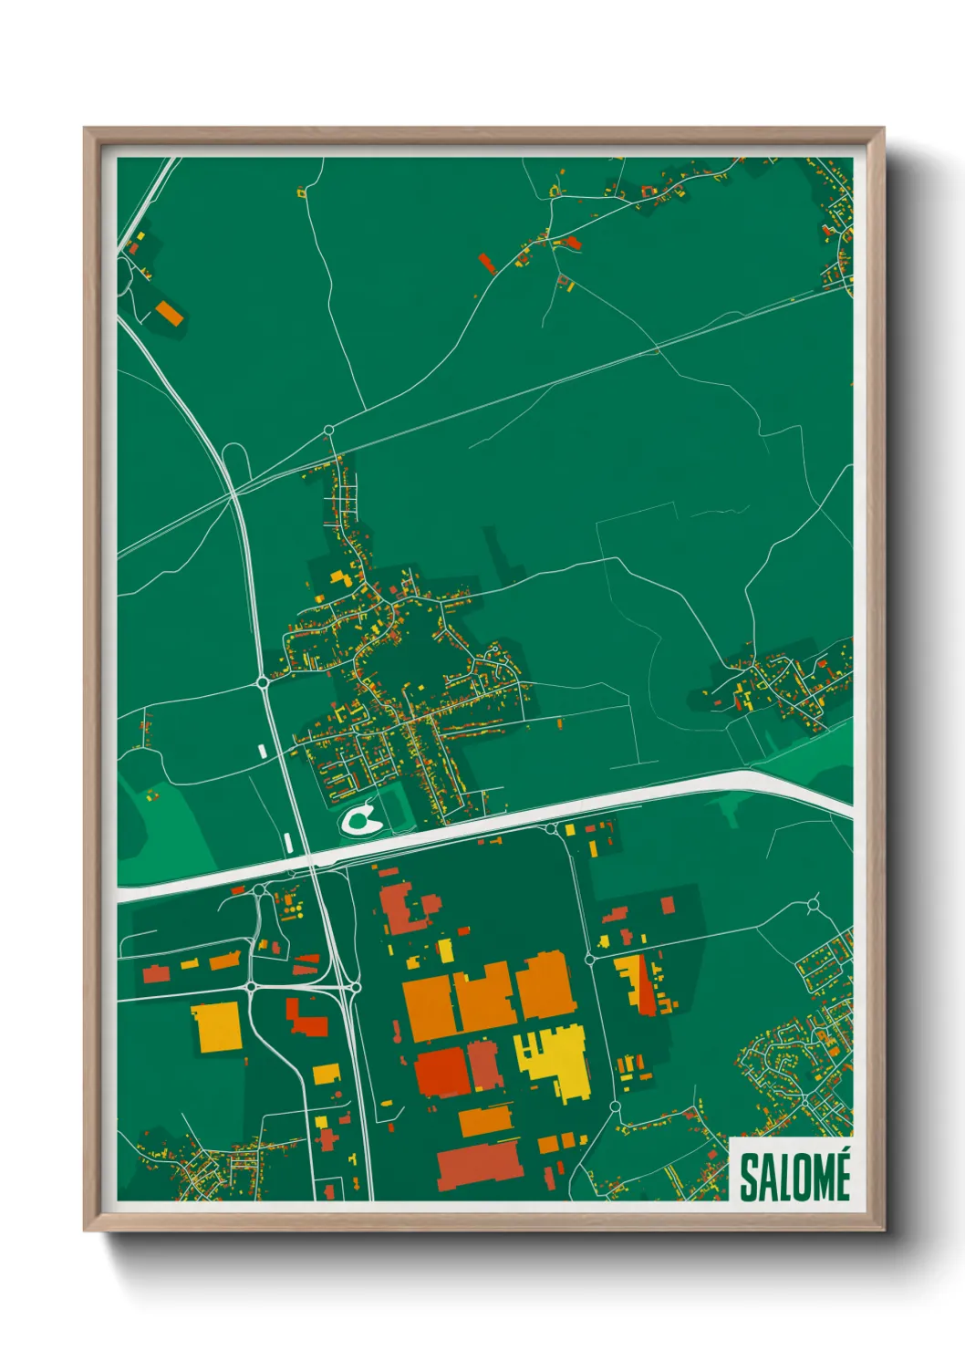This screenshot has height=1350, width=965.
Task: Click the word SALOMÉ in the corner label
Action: point(794,1176)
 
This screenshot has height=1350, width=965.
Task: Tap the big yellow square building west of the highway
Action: point(216,1027)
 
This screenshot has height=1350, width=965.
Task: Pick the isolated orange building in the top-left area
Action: point(170,313)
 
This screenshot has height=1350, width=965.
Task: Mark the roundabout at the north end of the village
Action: point(329,430)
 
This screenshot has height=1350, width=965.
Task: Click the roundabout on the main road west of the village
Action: point(263,681)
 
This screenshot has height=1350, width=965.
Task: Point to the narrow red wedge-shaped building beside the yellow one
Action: point(646,986)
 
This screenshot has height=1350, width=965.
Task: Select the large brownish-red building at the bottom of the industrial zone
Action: point(478,1167)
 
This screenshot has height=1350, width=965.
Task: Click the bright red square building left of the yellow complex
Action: point(442,1072)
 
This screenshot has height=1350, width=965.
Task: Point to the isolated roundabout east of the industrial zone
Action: point(813,905)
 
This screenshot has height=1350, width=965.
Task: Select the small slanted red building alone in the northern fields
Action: point(487,264)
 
